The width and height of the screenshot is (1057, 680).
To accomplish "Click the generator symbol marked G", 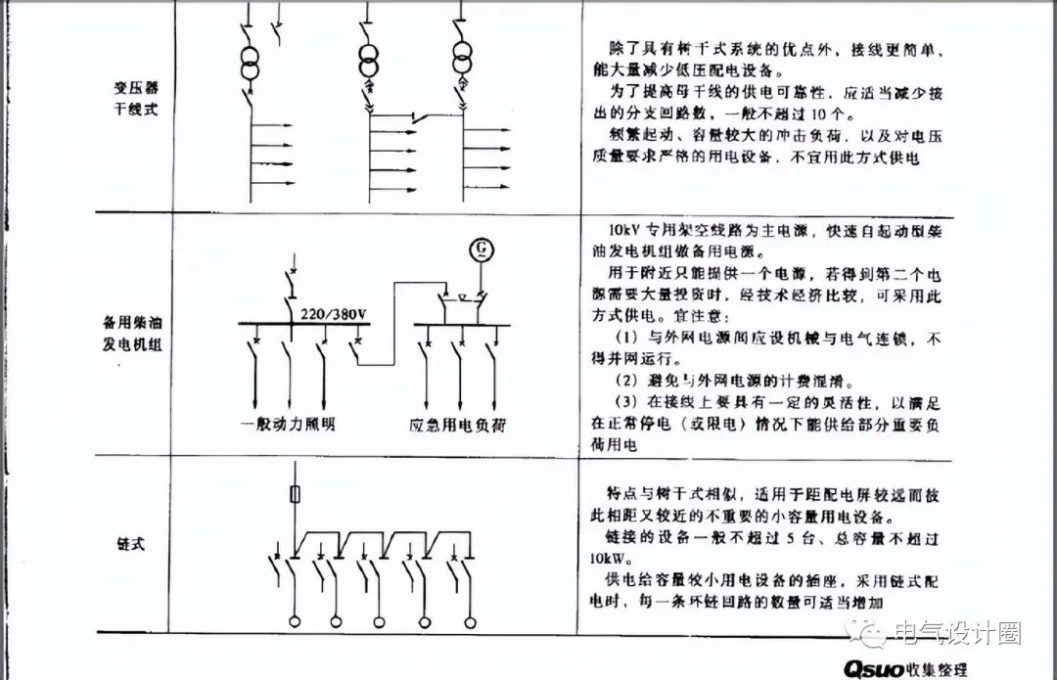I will [481, 251].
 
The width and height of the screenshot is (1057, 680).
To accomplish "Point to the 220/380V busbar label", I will [334, 313].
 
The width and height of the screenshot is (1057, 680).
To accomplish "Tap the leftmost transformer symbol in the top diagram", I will [251, 64].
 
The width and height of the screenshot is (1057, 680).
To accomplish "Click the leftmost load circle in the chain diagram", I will [293, 622].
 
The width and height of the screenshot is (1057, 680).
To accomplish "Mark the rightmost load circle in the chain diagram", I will [469, 622].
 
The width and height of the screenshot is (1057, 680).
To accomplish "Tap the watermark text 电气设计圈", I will [958, 633].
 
